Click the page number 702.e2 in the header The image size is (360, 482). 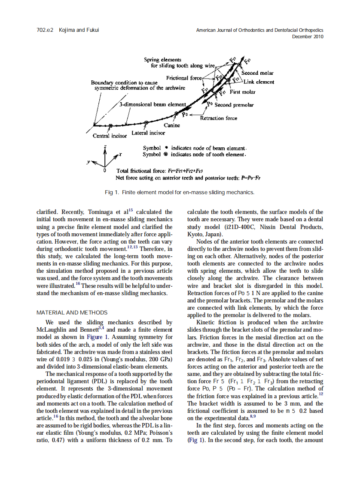coord(44,30)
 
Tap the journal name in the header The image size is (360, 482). coord(259,30)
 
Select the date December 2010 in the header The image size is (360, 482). coord(308,37)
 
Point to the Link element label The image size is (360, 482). coord(259,82)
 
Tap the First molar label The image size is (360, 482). coord(242,92)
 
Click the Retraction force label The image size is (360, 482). coord(219,118)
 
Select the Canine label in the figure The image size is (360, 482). coord(172,125)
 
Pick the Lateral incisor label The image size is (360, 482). coord(148,133)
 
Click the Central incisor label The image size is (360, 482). coord(110,136)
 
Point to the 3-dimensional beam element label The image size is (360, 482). coord(153,104)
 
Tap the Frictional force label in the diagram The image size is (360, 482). coord(184,78)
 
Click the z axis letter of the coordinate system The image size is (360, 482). coord(105,147)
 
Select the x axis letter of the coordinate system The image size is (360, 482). coord(121,153)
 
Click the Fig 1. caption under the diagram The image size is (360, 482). coord(180,192)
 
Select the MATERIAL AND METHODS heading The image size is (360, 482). coord(72,312)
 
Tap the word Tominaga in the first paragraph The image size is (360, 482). coord(103,212)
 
